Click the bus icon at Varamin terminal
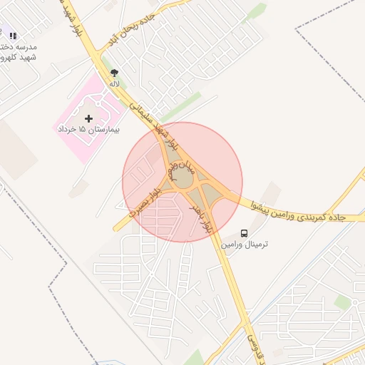pos(245,233)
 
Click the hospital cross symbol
pos(88,118)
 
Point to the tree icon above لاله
pos(114,73)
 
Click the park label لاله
pos(114,83)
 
